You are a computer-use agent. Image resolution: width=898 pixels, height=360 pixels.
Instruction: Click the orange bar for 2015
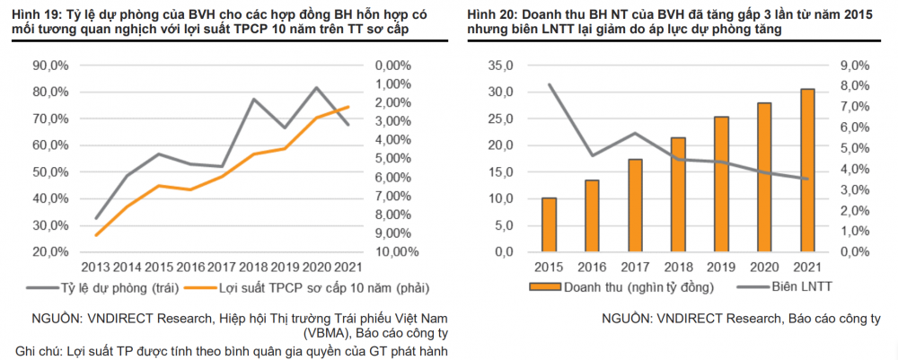(x=549, y=224)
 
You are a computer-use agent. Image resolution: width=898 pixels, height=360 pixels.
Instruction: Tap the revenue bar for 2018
(x=678, y=194)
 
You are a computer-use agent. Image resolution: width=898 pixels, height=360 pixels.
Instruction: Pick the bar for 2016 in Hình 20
(x=592, y=215)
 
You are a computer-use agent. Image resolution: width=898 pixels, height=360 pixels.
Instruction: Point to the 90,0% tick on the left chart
(x=48, y=66)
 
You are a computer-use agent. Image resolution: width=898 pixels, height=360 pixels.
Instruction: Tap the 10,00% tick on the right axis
(x=397, y=251)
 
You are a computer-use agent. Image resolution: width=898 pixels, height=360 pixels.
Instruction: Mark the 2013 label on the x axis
(x=96, y=267)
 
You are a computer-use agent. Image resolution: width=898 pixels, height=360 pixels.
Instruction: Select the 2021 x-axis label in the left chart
(x=348, y=267)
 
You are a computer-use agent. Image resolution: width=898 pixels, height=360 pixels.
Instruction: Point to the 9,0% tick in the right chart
(x=853, y=66)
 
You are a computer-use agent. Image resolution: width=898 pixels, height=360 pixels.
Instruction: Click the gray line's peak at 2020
(x=316, y=88)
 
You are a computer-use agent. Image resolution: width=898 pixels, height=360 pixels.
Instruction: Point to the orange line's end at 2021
(x=348, y=107)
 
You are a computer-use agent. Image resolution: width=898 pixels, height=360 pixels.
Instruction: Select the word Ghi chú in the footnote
(x=39, y=350)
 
